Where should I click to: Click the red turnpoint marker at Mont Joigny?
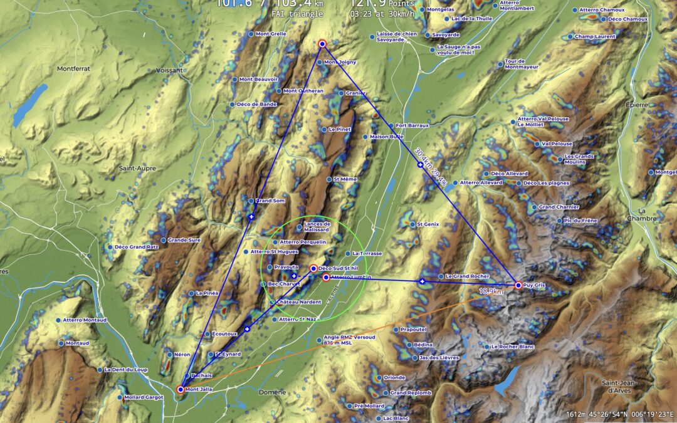pos(322,44)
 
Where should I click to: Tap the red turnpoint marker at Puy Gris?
pos(518,285)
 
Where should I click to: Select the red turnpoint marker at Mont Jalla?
pos(181,389)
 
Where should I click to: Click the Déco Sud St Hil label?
pos(337,268)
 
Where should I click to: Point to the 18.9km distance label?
pos(491,291)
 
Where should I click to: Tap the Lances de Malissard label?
pos(317,227)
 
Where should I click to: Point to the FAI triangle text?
pos(297,14)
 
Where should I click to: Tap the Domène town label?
pos(272,392)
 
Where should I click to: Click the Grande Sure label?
pos(184,240)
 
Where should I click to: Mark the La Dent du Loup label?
pos(126,370)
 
